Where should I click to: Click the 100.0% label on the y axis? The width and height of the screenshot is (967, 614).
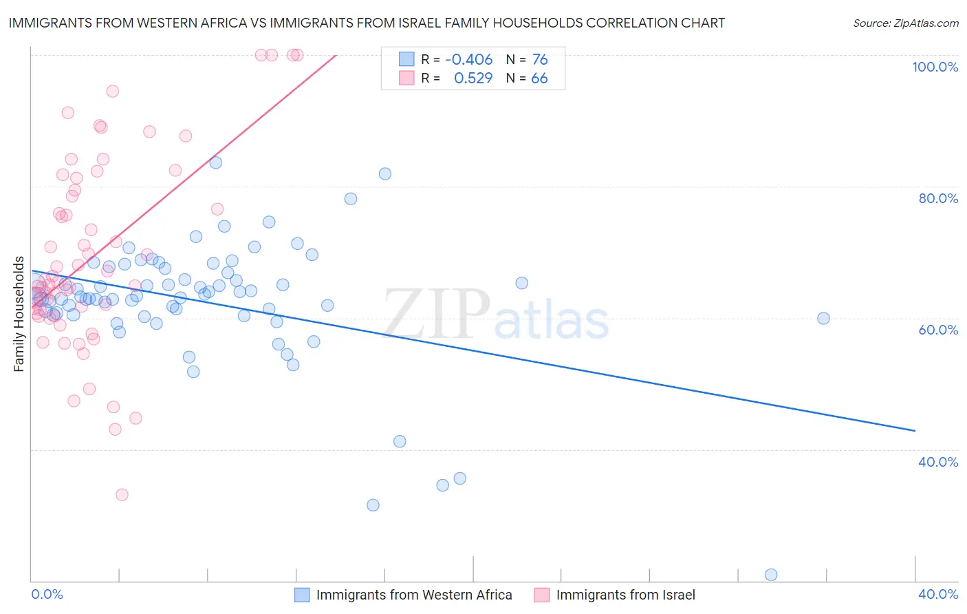pos(935,67)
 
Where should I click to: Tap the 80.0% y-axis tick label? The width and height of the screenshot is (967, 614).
pos(938,198)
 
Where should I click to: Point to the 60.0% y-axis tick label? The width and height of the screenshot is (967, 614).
pos(938,330)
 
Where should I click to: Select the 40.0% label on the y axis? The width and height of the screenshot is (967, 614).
pos(938,462)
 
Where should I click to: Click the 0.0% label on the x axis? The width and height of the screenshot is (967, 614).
pos(47,594)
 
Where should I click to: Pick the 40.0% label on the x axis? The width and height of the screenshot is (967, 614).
pos(938,594)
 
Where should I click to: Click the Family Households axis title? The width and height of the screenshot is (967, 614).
pos(19,314)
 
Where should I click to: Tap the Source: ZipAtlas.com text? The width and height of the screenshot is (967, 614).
pos(905,23)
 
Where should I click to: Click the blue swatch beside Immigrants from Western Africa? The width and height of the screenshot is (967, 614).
pos(302,595)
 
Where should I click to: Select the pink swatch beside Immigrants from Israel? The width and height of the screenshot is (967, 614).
pos(542,595)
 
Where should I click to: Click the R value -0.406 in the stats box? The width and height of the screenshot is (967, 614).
pos(468,60)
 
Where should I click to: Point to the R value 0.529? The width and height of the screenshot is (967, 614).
pos(473,78)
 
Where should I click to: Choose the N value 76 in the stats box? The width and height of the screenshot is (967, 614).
pos(540,60)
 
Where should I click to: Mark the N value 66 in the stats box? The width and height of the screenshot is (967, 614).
pos(539,78)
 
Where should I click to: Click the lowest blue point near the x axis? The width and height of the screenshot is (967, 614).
pos(771,575)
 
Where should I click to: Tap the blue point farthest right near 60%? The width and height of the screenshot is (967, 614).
pos(823,318)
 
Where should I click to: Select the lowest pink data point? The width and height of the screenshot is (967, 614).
pos(122,494)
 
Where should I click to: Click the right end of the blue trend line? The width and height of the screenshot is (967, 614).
pos(915,430)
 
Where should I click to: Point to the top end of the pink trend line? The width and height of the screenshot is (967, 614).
pos(336,55)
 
